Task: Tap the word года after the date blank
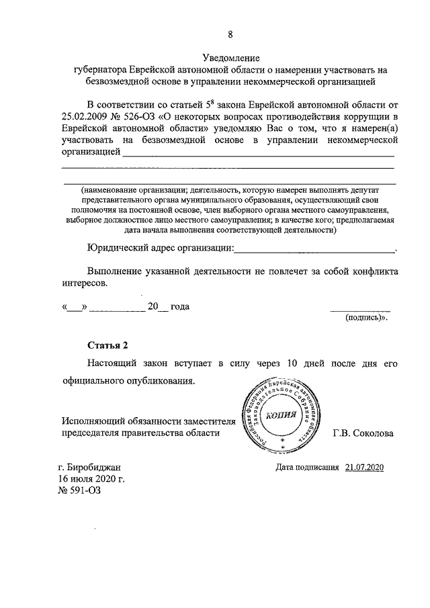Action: [179, 307]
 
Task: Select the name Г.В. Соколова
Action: [363, 433]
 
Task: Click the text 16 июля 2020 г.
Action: [91, 479]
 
